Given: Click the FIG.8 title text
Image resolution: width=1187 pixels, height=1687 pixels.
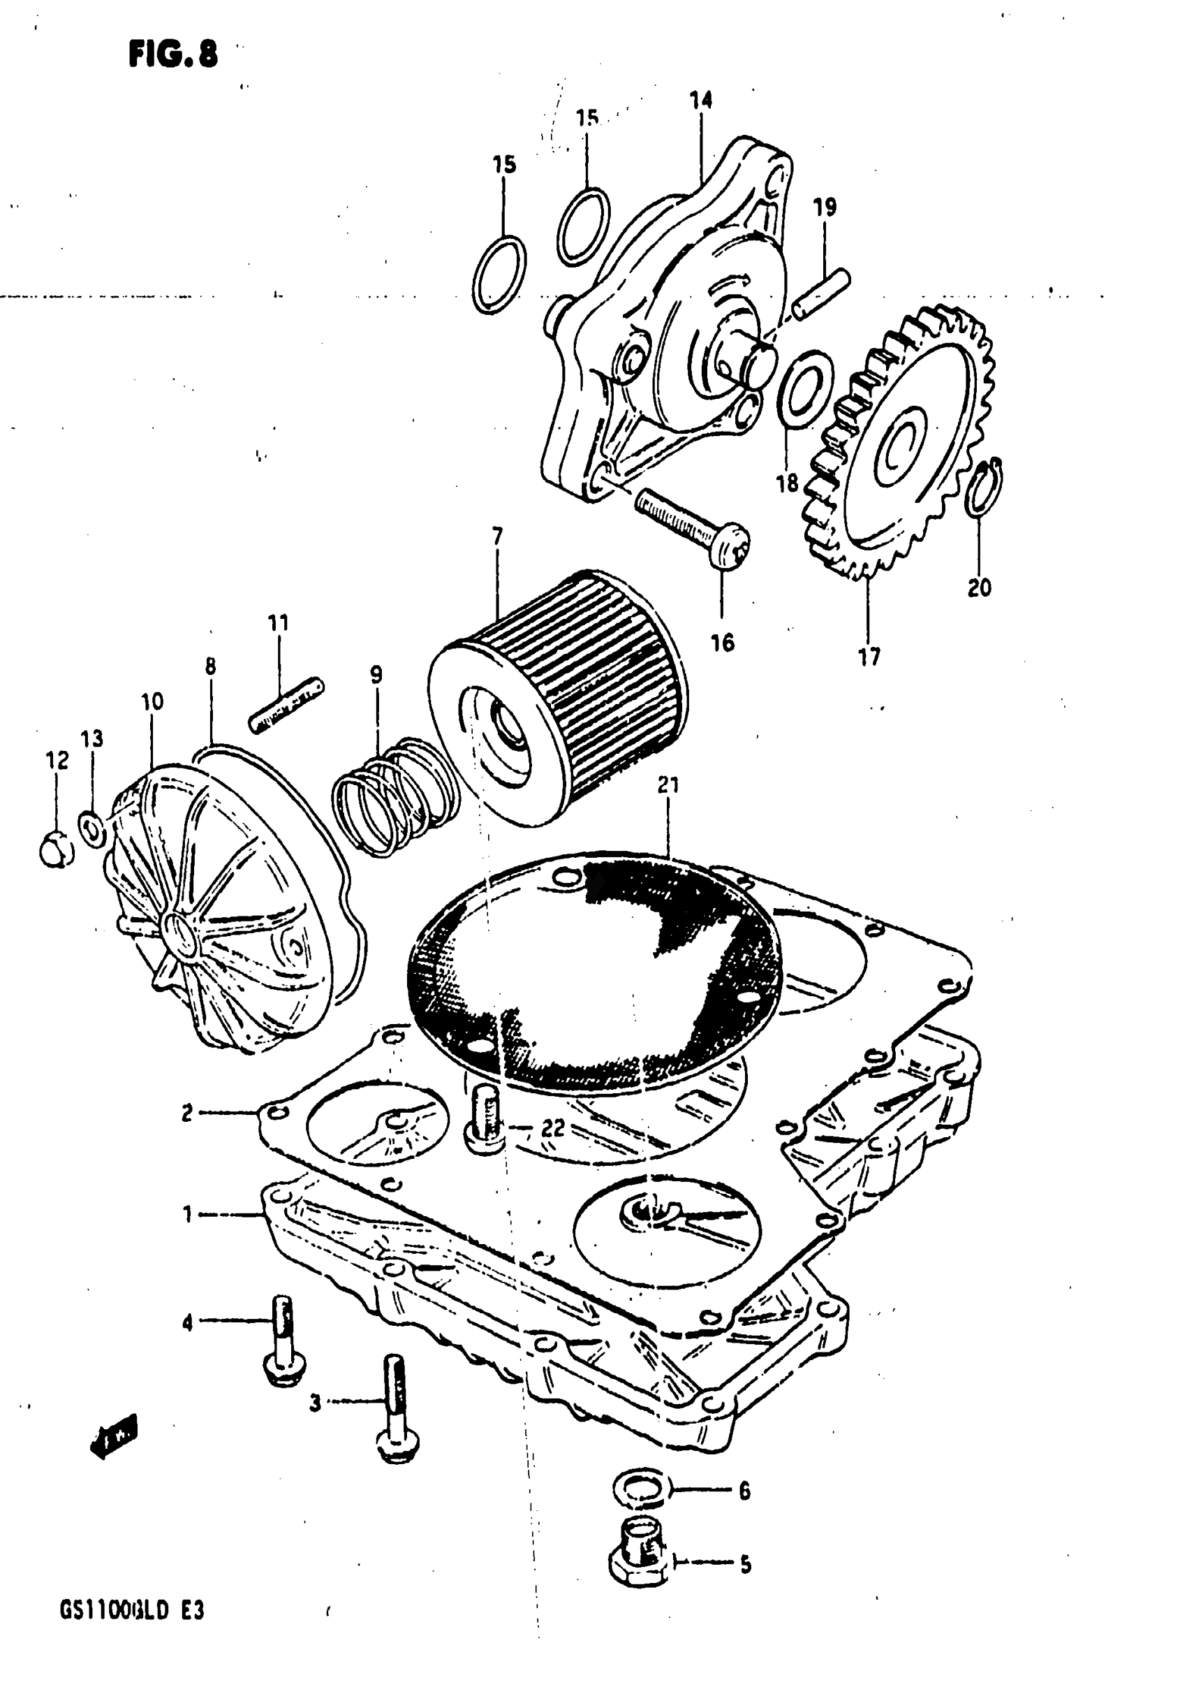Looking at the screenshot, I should (x=173, y=54).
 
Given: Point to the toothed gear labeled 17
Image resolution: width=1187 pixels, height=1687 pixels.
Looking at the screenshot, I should (x=904, y=441).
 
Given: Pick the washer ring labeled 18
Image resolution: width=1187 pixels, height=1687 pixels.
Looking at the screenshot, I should (x=805, y=386).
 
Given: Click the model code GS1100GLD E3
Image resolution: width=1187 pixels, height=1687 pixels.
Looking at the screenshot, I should (x=131, y=1612).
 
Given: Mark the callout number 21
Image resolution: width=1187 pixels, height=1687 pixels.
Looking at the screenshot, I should (x=668, y=785).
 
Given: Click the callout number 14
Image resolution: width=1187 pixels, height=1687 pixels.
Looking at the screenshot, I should (x=701, y=99).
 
